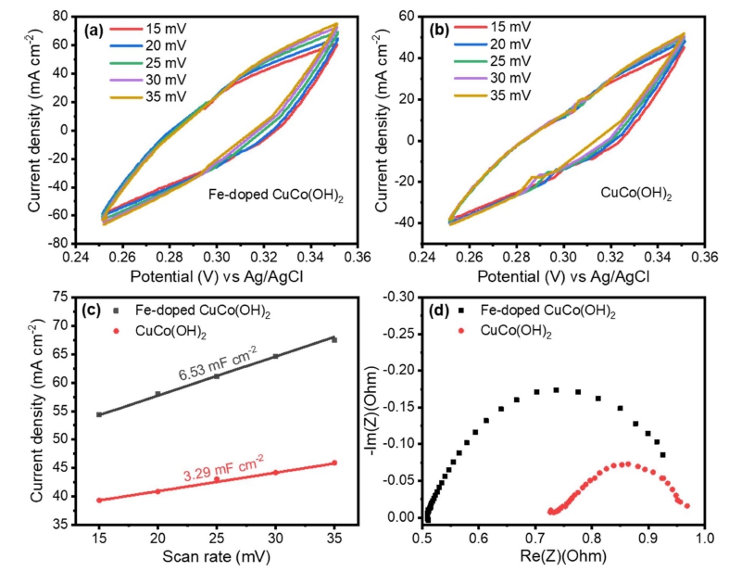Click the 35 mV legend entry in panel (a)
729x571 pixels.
pyautogui.click(x=148, y=96)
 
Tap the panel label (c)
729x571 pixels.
pyautogui.click(x=92, y=311)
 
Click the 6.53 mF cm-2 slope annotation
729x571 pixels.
pyautogui.click(x=218, y=364)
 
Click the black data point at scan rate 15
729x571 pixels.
pyautogui.click(x=99, y=414)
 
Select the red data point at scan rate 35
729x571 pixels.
pyautogui.click(x=334, y=463)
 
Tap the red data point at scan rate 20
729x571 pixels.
pyautogui.click(x=158, y=491)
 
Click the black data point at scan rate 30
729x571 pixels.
pyautogui.click(x=275, y=357)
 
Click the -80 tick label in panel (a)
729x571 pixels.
pyautogui.click(x=57, y=244)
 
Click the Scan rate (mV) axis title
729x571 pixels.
pyautogui.click(x=216, y=556)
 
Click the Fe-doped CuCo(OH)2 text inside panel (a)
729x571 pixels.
pyautogui.click(x=276, y=196)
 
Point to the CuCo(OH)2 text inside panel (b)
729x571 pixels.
pyautogui.click(x=636, y=193)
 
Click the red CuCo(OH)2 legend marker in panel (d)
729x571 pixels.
pyautogui.click(x=461, y=331)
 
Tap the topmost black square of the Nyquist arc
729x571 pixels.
pyautogui.click(x=556, y=390)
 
